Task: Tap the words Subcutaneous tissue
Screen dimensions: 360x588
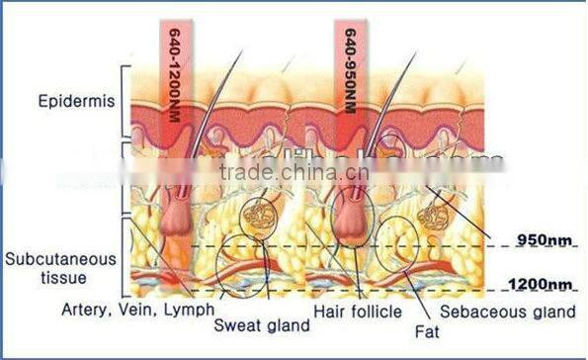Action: (x=60, y=267)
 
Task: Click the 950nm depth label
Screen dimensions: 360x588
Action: (x=544, y=238)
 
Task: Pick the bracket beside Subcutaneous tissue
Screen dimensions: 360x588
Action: (x=125, y=257)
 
